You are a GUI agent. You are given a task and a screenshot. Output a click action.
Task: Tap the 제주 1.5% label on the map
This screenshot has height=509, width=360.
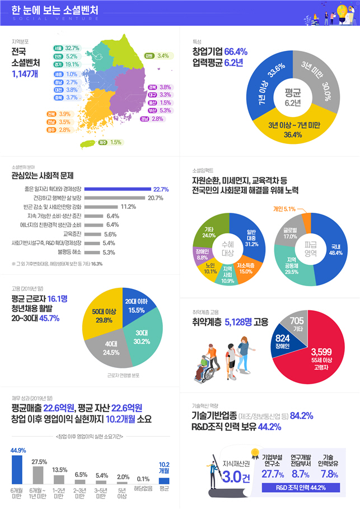pyautogui.click(x=110, y=142)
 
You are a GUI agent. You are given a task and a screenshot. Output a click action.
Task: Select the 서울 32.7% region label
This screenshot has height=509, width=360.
pyautogui.click(x=66, y=49)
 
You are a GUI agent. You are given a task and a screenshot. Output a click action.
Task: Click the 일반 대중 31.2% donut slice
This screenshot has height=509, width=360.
pyautogui.click(x=251, y=235)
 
